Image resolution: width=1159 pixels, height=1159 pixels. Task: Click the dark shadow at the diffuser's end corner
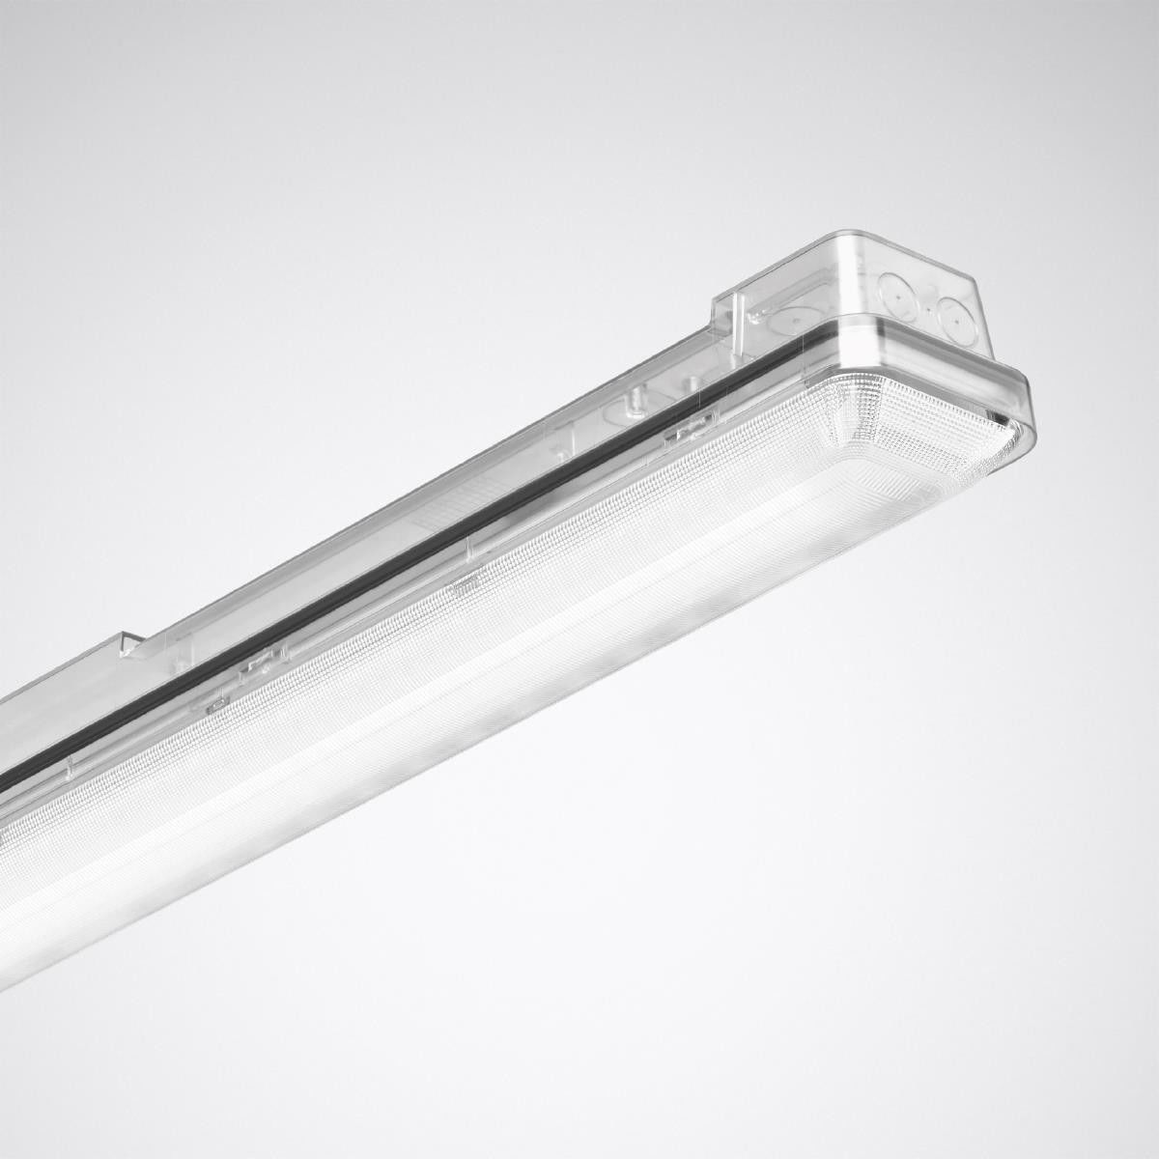pyautogui.click(x=1004, y=417)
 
